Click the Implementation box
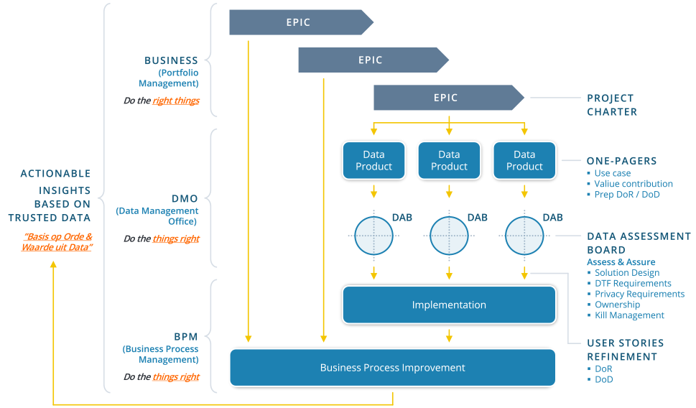click(x=449, y=305)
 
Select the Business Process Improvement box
click(x=392, y=368)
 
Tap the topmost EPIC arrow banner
click(x=299, y=22)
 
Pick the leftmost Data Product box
click(x=373, y=160)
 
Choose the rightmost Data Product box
click(x=524, y=160)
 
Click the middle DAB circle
click(x=449, y=236)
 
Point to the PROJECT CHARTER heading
click(x=612, y=105)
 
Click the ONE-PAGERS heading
click(x=622, y=162)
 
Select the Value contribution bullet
click(x=634, y=184)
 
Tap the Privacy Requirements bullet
click(x=639, y=294)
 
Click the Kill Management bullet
click(x=629, y=315)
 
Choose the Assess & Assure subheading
click(x=621, y=262)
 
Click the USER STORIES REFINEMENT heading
click(x=625, y=350)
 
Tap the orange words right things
click(x=176, y=101)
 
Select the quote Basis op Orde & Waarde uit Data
click(x=58, y=242)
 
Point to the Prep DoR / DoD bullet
click(x=627, y=195)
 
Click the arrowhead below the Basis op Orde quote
click(x=53, y=265)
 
